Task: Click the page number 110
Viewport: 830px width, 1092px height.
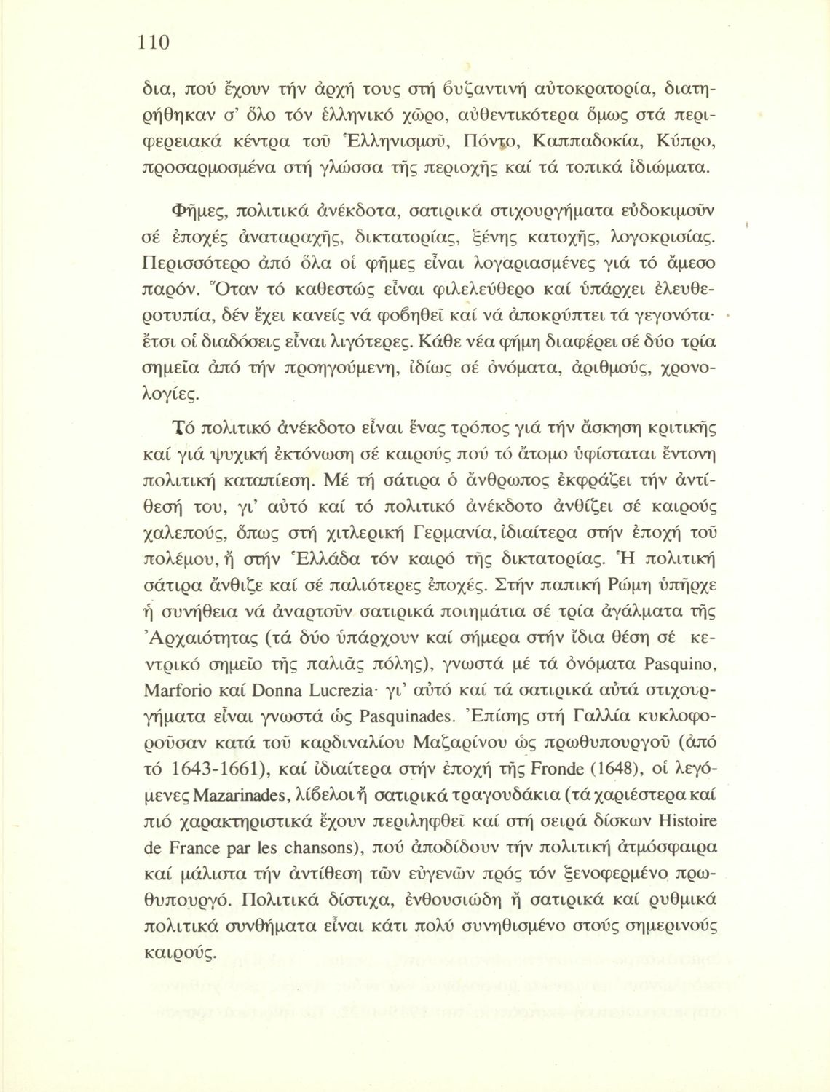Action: coord(154,41)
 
